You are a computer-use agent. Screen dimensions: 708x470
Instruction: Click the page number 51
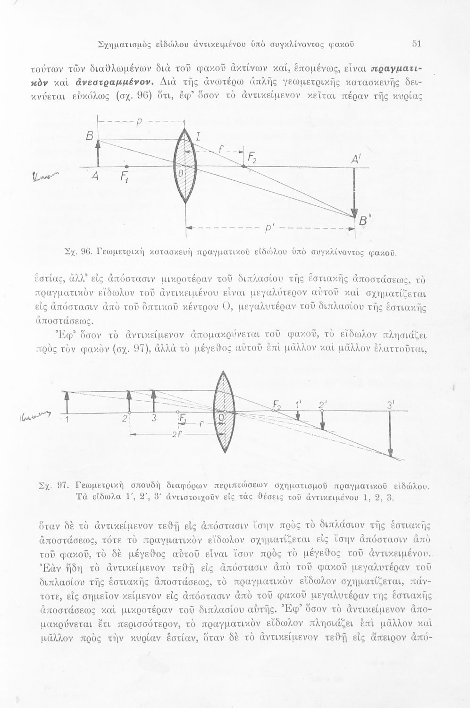416,44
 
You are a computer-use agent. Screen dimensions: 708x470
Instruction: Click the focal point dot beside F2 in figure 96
243,166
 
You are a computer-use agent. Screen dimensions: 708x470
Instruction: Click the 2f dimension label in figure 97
176,435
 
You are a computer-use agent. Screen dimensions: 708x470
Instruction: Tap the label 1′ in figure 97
298,404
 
